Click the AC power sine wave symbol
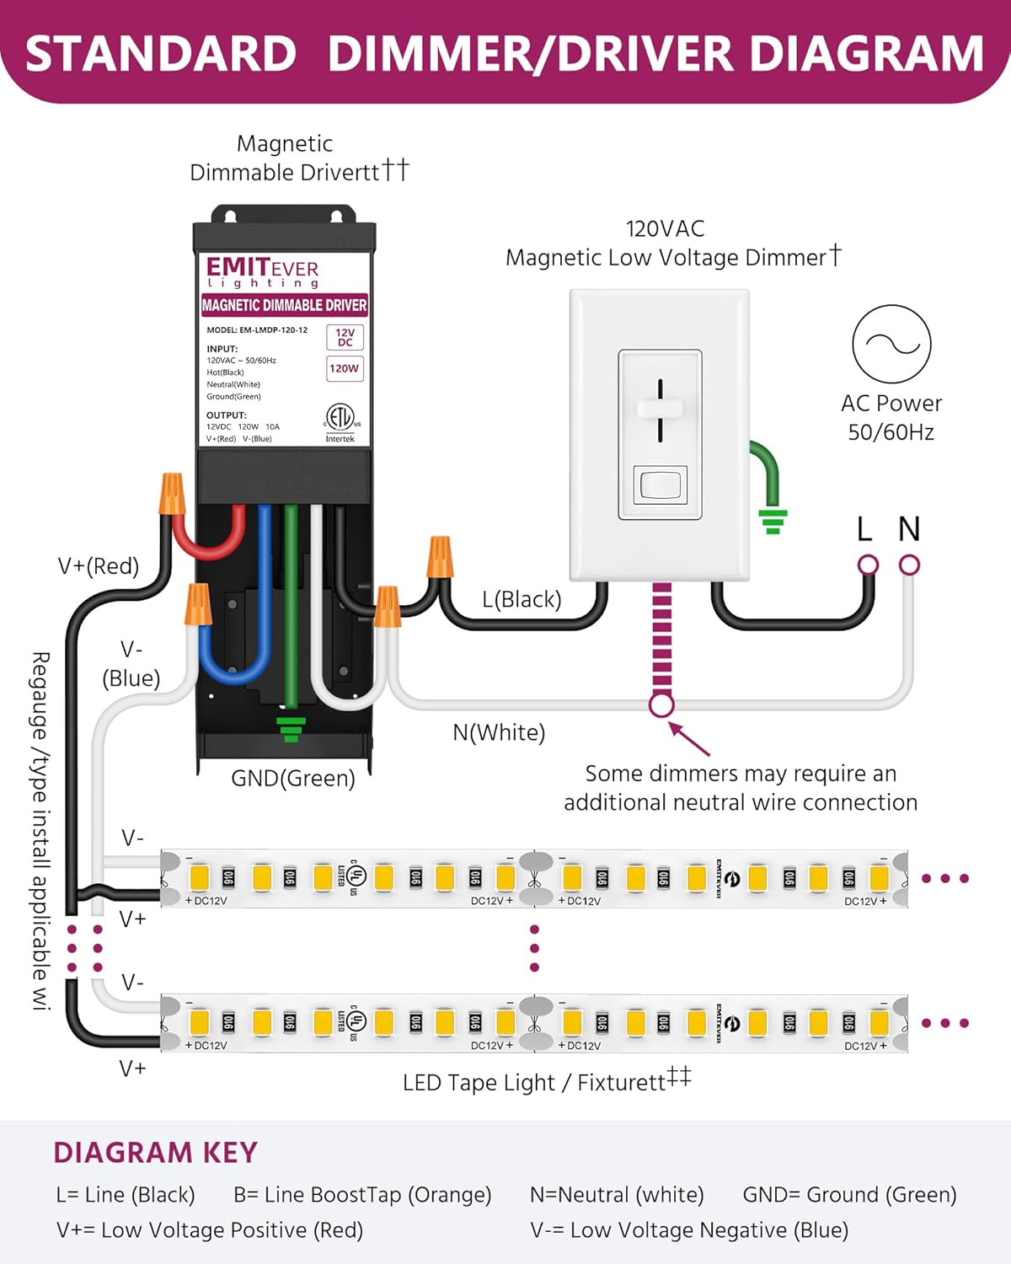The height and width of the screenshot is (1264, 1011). pos(891,344)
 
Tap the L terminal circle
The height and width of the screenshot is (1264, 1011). pos(868,565)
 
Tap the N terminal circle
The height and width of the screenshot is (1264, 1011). pos(909,565)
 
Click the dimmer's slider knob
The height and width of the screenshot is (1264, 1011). pos(660,408)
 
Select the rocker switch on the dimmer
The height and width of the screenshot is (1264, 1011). pos(660,485)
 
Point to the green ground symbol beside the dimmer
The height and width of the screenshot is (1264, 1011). pos(773,521)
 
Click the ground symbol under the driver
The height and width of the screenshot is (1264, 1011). pos(291,729)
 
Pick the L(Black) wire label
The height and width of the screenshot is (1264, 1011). pos(522,599)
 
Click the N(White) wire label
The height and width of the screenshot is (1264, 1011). pos(499,732)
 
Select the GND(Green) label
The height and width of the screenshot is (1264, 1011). pos(293,778)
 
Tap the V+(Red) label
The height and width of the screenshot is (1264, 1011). pos(99,565)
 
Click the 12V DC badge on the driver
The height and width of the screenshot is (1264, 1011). pos(345,337)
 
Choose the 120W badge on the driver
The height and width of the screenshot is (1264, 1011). pos(345,368)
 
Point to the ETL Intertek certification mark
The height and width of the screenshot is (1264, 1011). pos(340,421)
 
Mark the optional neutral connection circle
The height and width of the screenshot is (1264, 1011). pos(662,704)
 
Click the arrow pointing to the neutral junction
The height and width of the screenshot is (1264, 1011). pos(689,739)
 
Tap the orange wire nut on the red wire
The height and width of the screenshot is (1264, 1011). pos(171,495)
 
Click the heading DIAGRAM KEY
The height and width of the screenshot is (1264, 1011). pos(155,1152)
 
